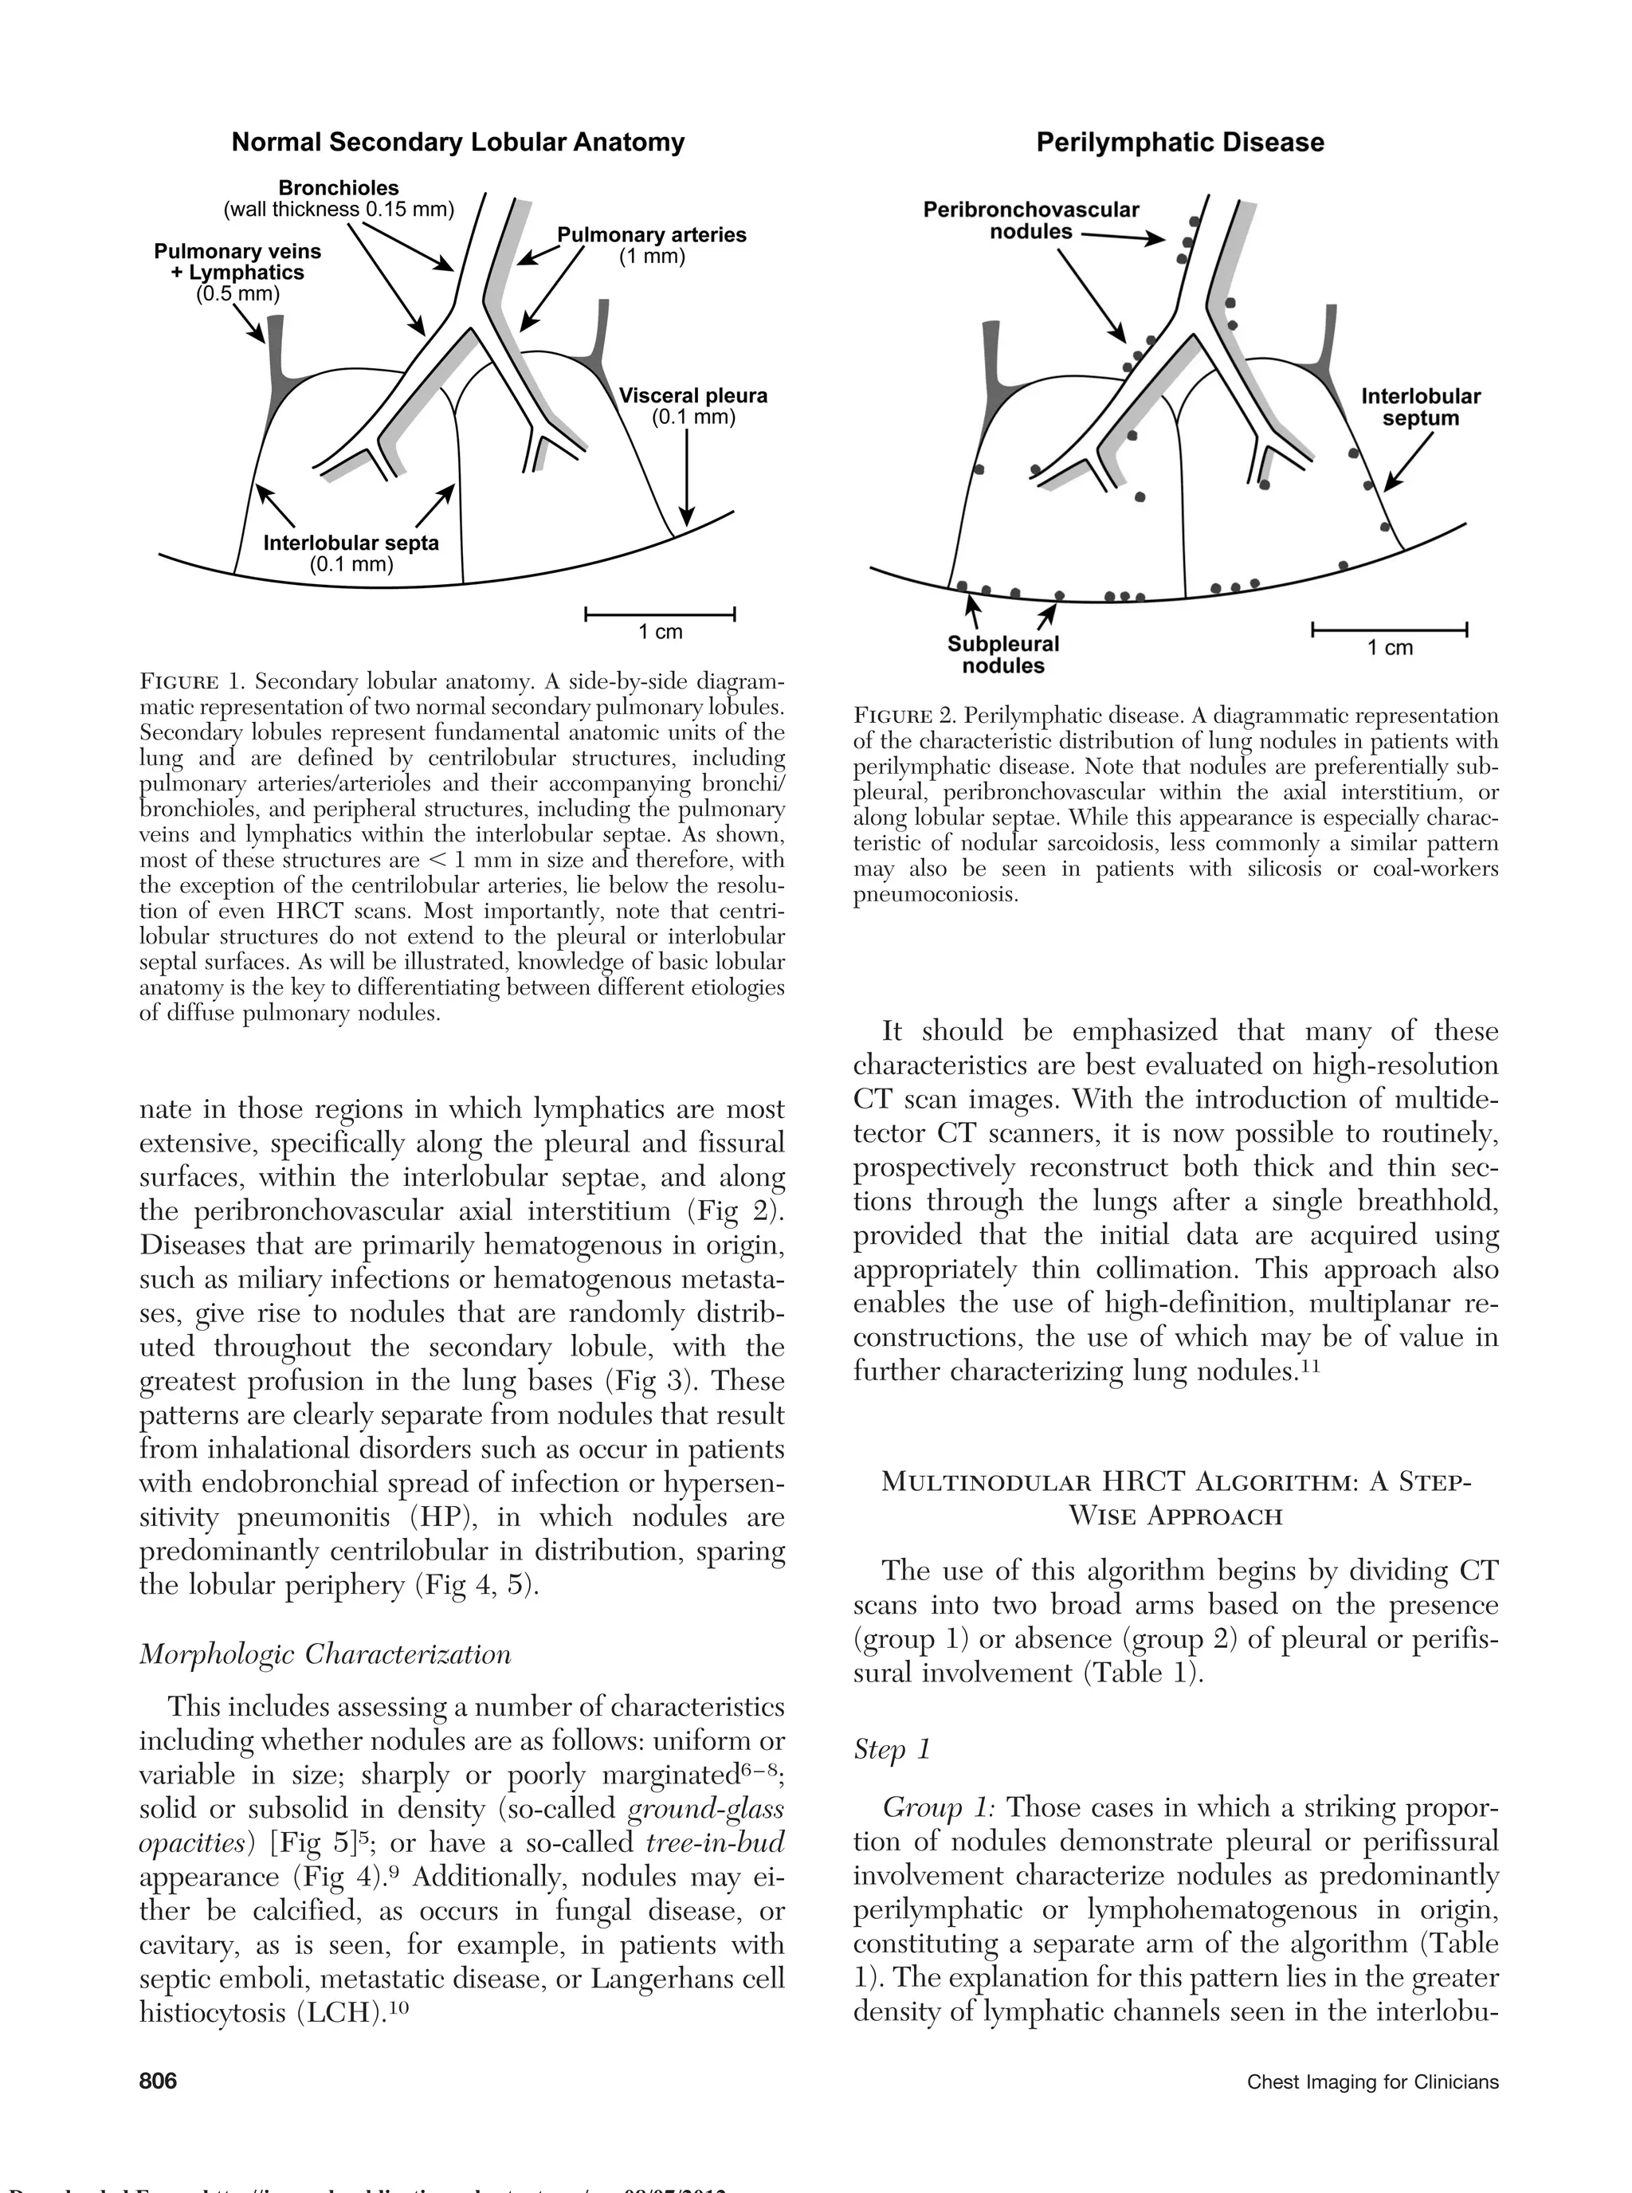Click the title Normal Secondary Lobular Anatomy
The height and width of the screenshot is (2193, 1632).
pyautogui.click(x=457, y=143)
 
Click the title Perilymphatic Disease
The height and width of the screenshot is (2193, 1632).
pyautogui.click(x=1179, y=143)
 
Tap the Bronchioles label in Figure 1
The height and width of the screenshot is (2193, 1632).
pyautogui.click(x=338, y=188)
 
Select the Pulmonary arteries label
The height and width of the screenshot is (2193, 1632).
pyautogui.click(x=651, y=235)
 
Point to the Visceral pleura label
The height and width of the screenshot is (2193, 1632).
pyautogui.click(x=692, y=396)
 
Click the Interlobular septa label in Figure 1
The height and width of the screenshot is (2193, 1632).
pyautogui.click(x=351, y=543)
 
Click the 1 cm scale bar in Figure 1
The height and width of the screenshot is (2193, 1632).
pyautogui.click(x=660, y=615)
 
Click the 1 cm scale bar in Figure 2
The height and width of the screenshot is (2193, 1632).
pyautogui.click(x=1389, y=630)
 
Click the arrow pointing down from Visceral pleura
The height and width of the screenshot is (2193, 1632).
pyautogui.click(x=687, y=479)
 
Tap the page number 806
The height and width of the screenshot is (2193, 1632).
pyautogui.click(x=158, y=2081)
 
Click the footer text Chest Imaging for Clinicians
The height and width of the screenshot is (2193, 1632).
pyautogui.click(x=1372, y=2082)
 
